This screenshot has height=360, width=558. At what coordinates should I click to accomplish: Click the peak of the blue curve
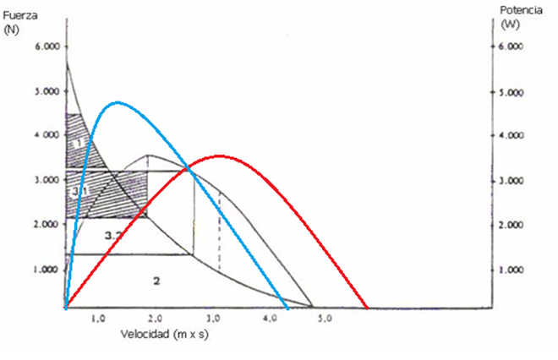pyautogui.click(x=117, y=102)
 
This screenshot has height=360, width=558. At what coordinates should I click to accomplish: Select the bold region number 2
pyautogui.click(x=156, y=280)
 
